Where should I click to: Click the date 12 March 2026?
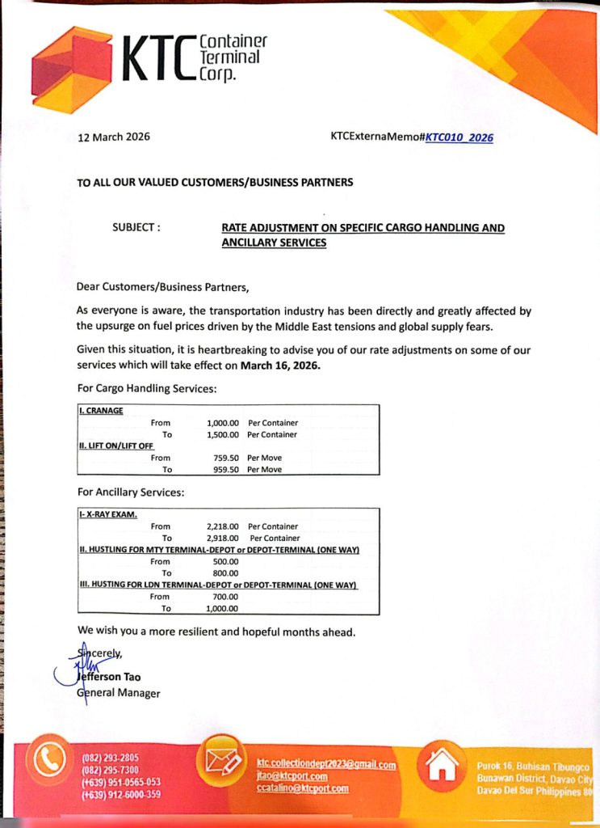pos(114,137)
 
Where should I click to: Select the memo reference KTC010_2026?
pos(459,137)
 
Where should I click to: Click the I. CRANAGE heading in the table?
pos(101,411)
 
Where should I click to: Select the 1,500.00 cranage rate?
pos(223,434)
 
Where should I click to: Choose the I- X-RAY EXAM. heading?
pos(108,514)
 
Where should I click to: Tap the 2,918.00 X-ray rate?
pos(223,538)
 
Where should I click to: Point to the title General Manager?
pos(119,693)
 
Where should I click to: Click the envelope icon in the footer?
pos(220,761)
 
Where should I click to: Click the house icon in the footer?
pos(443,765)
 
